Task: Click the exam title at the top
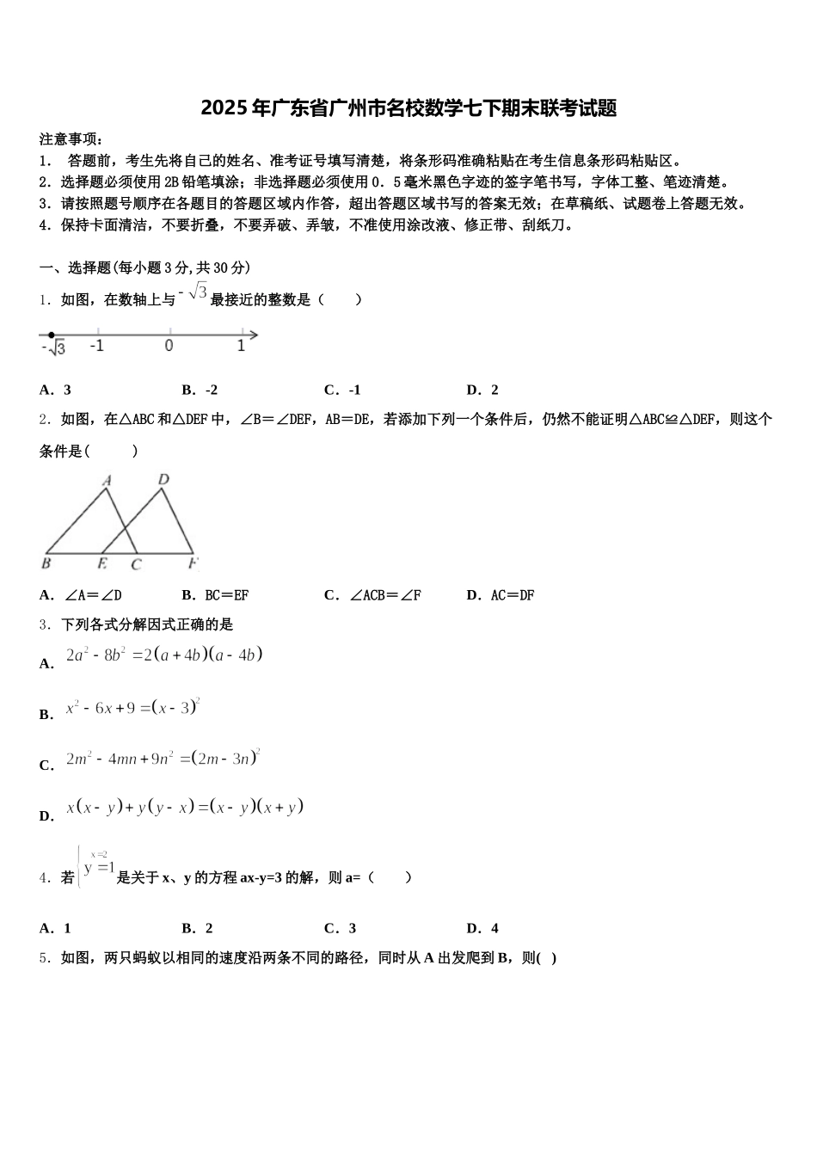pyautogui.click(x=408, y=108)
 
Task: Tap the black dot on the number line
pyautogui.click(x=52, y=335)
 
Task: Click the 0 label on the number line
pyautogui.click(x=169, y=347)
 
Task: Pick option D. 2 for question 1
pyautogui.click(x=482, y=390)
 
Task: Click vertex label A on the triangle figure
pyautogui.click(x=107, y=482)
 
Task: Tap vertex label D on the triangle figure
pyautogui.click(x=163, y=480)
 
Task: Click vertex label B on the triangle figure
pyautogui.click(x=46, y=564)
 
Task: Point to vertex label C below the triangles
pyautogui.click(x=135, y=565)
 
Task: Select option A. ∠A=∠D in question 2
pyautogui.click(x=81, y=595)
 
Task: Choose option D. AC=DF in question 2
pyautogui.click(x=501, y=595)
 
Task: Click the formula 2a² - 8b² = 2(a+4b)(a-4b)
pyautogui.click(x=163, y=655)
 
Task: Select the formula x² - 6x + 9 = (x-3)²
pyautogui.click(x=132, y=708)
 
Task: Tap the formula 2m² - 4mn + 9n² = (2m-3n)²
pyautogui.click(x=163, y=759)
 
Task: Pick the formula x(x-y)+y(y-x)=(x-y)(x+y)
pyautogui.click(x=185, y=809)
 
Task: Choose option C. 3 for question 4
pyautogui.click(x=341, y=928)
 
